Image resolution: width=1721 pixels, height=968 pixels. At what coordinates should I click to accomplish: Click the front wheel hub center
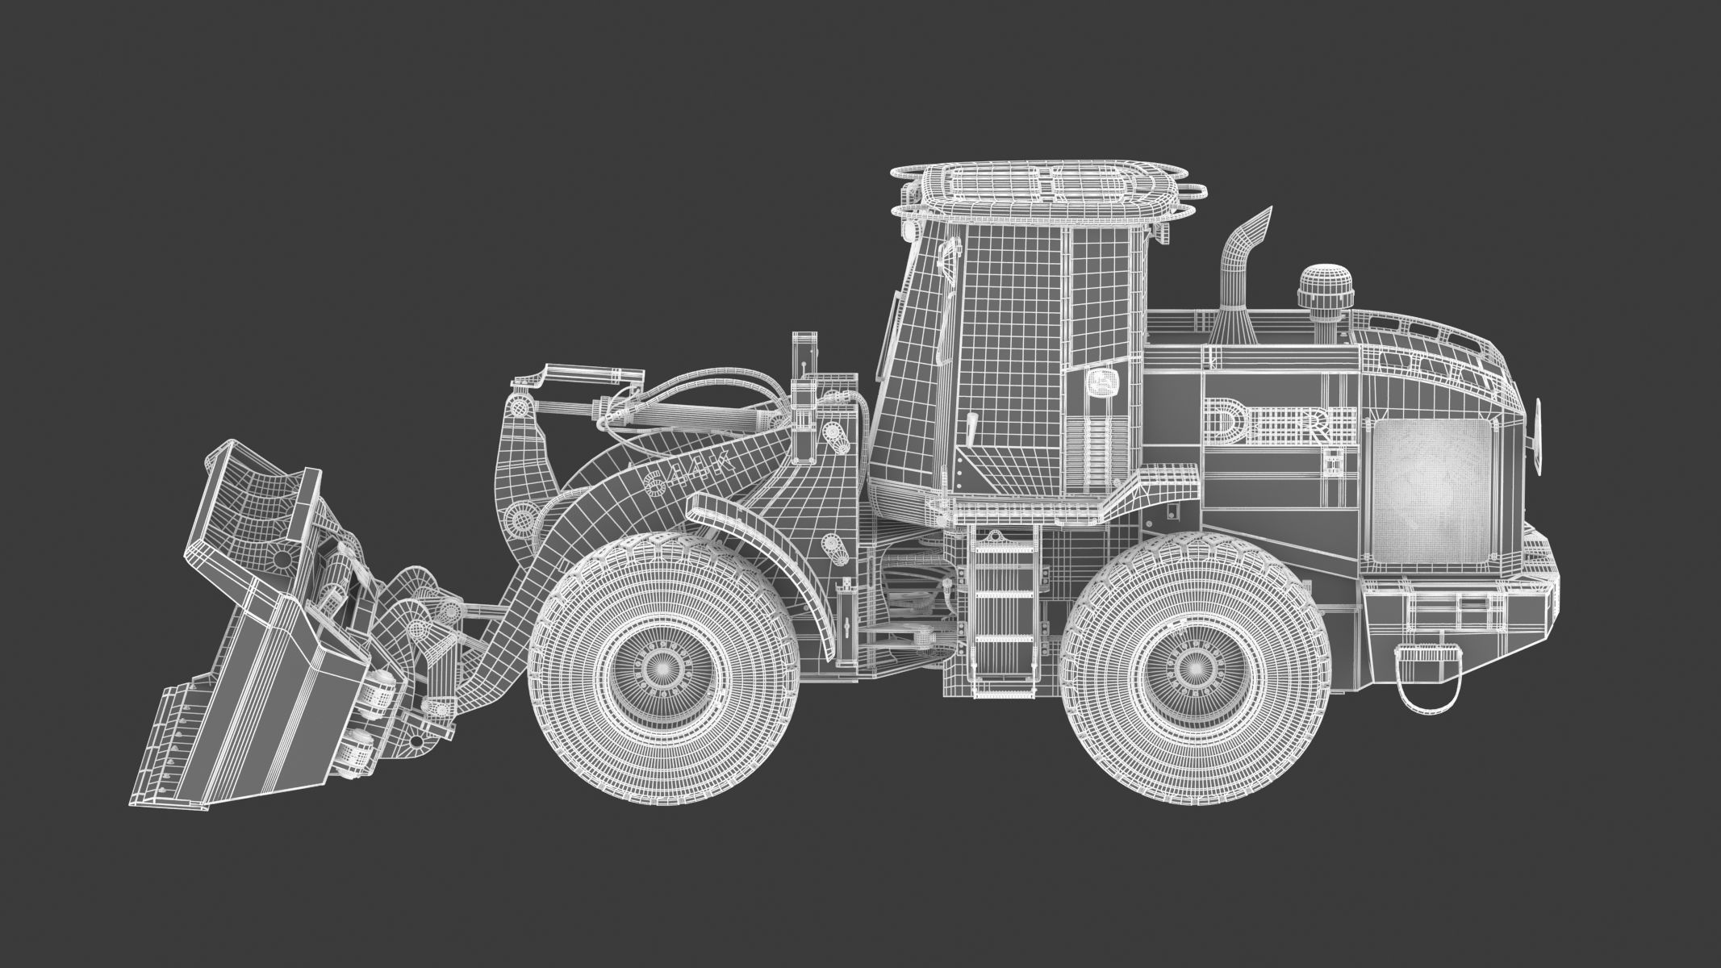point(663,665)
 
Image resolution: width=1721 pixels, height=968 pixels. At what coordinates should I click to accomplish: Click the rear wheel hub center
point(1192,665)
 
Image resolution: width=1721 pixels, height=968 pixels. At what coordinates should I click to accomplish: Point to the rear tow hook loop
point(1427,686)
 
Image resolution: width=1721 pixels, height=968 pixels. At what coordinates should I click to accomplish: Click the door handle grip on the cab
point(972,428)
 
